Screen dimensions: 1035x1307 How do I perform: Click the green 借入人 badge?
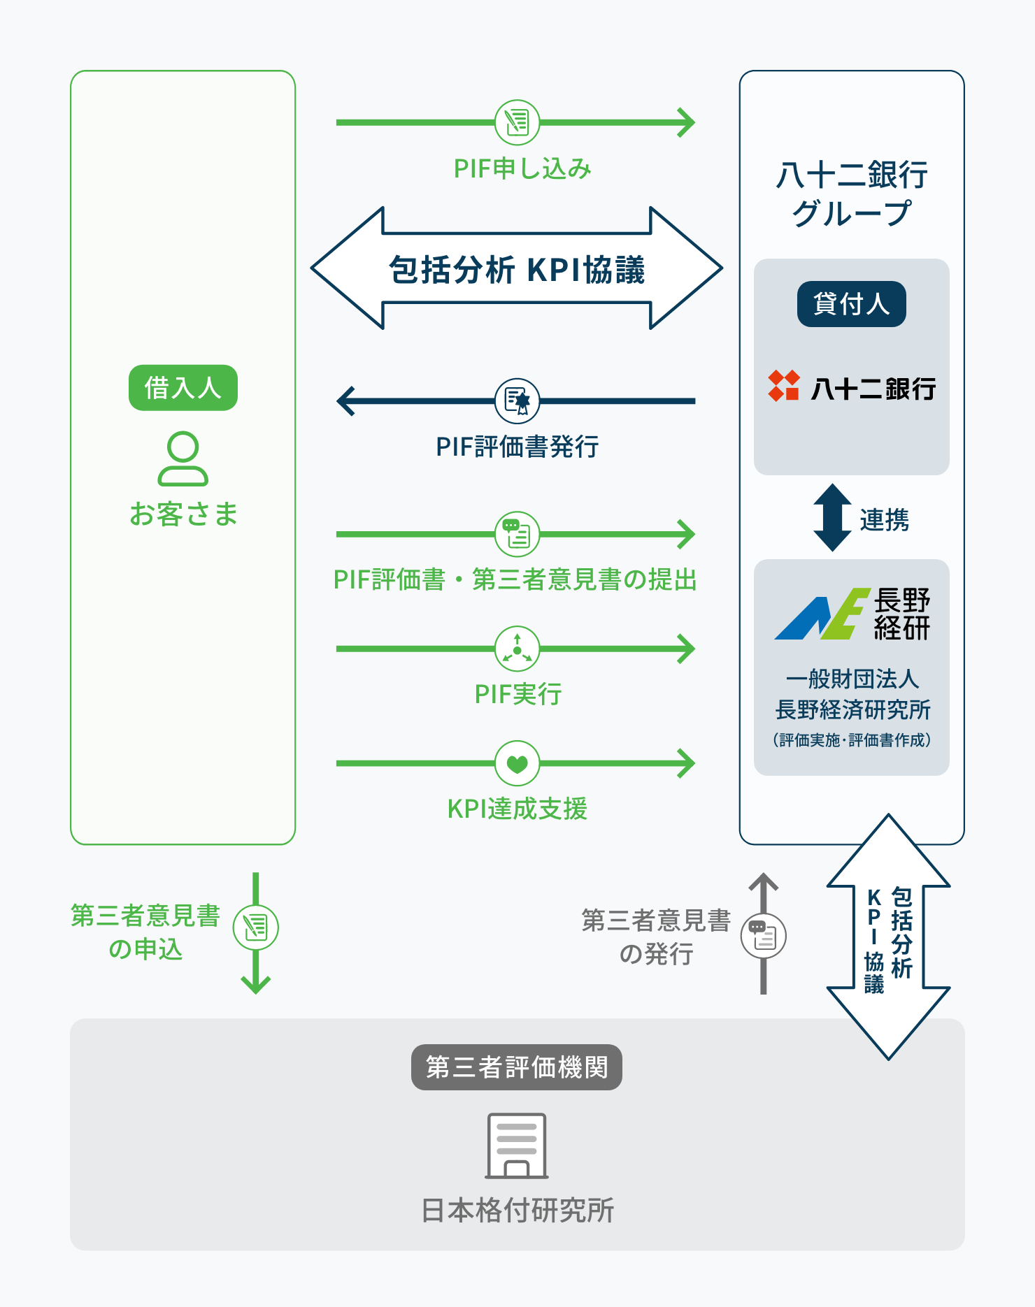[x=183, y=387]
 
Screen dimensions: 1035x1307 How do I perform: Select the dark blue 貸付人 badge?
[x=852, y=304]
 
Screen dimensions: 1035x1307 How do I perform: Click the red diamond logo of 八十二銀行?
[x=783, y=386]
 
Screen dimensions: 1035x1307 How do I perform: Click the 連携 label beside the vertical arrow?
[x=884, y=520]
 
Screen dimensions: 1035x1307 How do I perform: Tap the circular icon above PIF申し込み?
[x=517, y=122]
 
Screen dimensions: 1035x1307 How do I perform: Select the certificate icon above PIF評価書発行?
[x=517, y=401]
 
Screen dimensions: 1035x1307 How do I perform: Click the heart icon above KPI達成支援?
[x=517, y=763]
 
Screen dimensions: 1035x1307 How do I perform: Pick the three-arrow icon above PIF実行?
[x=517, y=649]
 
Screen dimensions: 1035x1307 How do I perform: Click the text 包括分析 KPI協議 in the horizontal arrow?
[x=517, y=270]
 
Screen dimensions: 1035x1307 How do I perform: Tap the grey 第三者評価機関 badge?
[x=517, y=1067]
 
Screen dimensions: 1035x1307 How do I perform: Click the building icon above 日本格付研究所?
[x=517, y=1146]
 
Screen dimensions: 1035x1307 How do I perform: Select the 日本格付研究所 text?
[x=517, y=1211]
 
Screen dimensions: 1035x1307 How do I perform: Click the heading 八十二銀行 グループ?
[x=852, y=194]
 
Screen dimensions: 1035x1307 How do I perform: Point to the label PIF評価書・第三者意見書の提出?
[x=515, y=579]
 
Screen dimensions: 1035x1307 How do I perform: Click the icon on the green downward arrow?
[x=256, y=927]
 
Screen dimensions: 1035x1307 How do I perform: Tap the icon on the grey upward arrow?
[x=764, y=937]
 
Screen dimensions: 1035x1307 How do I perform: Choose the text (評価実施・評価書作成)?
[x=852, y=740]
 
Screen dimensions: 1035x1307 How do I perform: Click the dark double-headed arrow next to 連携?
[x=832, y=517]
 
